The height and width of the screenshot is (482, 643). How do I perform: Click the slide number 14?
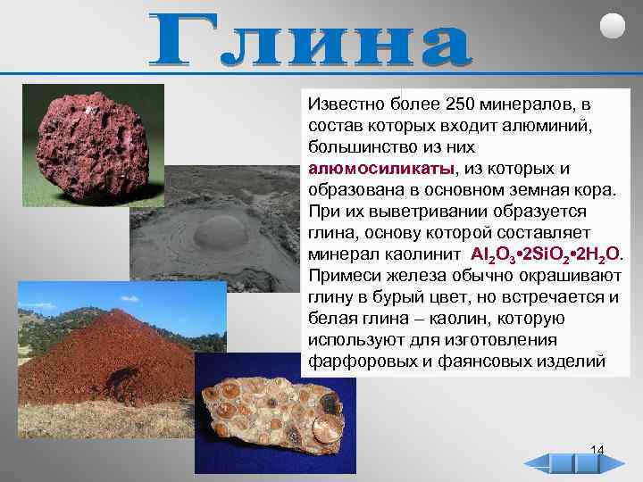tap(597, 449)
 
